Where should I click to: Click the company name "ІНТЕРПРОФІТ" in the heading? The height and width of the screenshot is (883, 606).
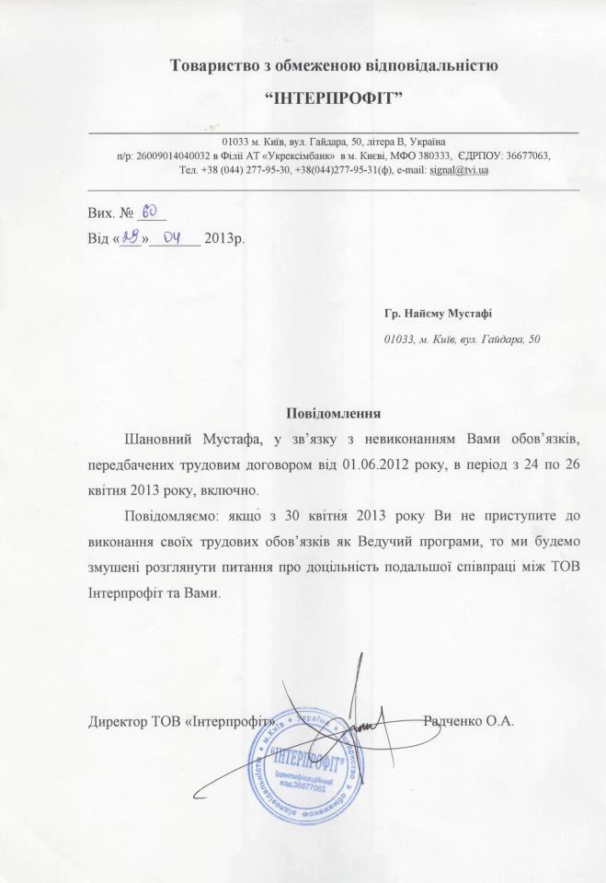pos(335,97)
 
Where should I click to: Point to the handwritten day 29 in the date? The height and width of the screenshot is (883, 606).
pos(130,237)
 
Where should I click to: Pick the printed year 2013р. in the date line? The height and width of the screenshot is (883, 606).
pos(225,240)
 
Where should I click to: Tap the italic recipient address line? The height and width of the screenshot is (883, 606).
pos(462,338)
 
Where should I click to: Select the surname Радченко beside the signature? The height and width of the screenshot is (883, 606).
pos(457,720)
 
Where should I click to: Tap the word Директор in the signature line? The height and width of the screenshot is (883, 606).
pos(117,720)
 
